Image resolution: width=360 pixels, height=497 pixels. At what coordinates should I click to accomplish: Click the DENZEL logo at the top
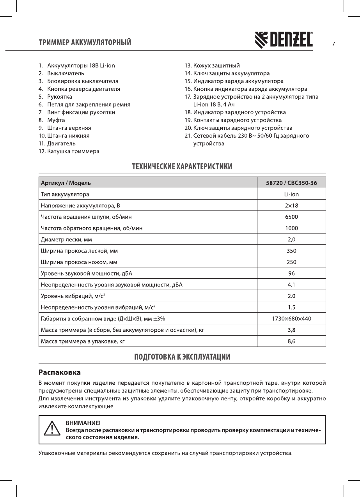click(x=284, y=40)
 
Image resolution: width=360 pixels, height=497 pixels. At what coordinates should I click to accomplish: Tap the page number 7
click(x=333, y=44)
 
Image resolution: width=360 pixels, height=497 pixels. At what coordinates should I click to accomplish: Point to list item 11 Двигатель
click(x=61, y=143)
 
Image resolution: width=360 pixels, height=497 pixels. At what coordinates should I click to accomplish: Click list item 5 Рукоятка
click(x=59, y=97)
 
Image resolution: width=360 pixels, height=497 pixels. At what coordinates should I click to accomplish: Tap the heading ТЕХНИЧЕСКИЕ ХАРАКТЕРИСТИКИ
click(x=182, y=167)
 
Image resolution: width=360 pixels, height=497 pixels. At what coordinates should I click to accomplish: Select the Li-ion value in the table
click(x=291, y=194)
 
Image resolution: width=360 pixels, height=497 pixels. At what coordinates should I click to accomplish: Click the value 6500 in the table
click(x=291, y=217)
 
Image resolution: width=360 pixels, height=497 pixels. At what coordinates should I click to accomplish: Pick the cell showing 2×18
click(x=291, y=205)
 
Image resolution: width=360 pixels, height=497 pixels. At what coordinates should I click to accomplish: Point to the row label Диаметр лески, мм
click(x=67, y=239)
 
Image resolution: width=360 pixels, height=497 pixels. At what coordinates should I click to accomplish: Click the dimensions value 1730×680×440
click(x=291, y=319)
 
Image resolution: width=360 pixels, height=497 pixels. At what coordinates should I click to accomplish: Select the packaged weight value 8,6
click(x=291, y=341)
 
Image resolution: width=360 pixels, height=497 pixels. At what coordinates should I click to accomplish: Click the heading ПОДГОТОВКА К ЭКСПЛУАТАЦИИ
click(x=182, y=357)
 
